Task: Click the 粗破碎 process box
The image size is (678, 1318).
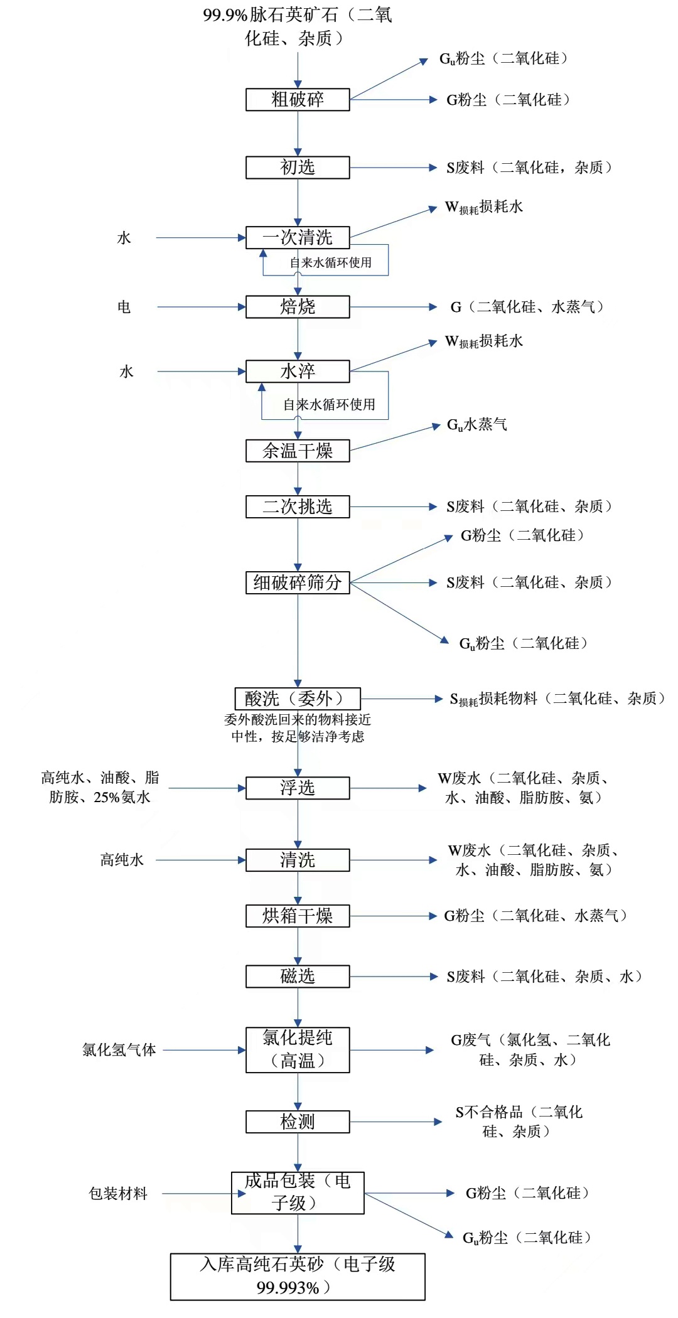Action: point(298,100)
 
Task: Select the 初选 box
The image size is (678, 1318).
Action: point(298,168)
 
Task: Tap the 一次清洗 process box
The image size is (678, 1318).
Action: point(298,237)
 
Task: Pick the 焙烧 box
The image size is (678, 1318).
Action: point(298,307)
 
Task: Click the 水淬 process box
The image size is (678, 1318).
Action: point(298,371)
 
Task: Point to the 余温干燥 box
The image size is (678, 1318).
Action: point(298,451)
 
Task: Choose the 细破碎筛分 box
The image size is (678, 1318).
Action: point(298,582)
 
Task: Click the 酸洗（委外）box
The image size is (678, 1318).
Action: point(298,699)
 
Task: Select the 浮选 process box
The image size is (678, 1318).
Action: point(298,788)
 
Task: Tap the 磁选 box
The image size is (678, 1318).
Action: point(298,977)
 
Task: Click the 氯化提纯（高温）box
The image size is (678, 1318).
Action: point(298,1049)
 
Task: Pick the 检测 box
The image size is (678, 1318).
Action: point(298,1122)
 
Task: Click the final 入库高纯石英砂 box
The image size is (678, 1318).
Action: point(298,1276)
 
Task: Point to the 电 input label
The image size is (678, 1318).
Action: point(124,307)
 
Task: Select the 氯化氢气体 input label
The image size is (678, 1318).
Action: point(119,1050)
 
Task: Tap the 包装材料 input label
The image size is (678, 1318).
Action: point(118,1194)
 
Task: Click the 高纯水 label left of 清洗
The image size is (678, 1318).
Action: point(122,860)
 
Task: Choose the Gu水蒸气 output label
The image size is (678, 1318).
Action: point(477,425)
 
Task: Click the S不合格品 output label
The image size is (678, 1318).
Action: point(519,1122)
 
